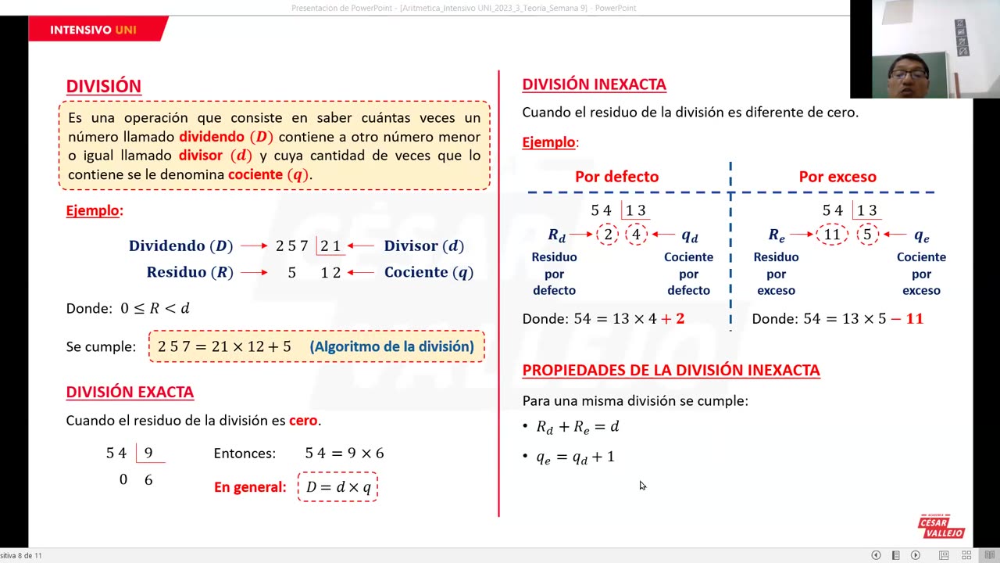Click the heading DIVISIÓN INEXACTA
tap(594, 84)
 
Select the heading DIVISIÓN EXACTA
tap(130, 392)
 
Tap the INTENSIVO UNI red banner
tap(94, 30)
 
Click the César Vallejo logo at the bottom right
tap(941, 527)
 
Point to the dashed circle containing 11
tap(832, 235)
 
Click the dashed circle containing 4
tap(636, 235)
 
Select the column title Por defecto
tap(616, 177)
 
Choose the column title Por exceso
tap(837, 177)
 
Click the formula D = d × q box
tap(337, 487)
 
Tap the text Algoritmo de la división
tap(391, 346)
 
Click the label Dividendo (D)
tap(181, 246)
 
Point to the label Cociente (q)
tap(428, 272)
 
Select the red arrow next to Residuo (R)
tap(254, 273)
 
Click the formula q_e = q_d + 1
tap(575, 457)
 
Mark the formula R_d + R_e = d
tap(577, 427)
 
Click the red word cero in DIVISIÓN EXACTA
tap(303, 421)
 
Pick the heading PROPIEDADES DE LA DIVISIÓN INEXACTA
tap(671, 370)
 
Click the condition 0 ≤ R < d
tap(155, 308)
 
